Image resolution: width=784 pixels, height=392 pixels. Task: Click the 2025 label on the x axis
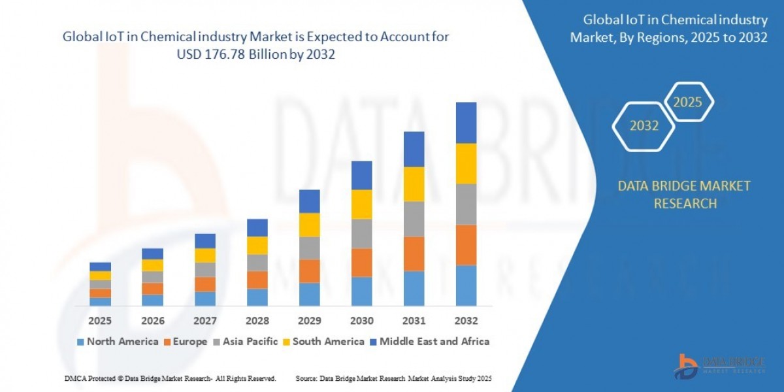click(x=100, y=321)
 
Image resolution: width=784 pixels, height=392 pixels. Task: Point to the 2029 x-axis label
click(x=309, y=321)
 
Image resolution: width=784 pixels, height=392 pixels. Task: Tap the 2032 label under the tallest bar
click(x=466, y=321)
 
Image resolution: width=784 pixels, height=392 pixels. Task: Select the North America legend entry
click(x=117, y=341)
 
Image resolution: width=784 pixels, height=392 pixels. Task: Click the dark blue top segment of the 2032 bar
click(x=466, y=123)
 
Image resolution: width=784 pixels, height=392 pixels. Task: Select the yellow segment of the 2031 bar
click(x=414, y=184)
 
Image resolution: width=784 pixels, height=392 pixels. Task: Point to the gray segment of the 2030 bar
click(x=361, y=233)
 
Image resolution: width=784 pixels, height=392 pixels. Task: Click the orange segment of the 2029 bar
click(x=309, y=270)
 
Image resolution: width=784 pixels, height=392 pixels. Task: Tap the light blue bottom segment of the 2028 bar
click(x=257, y=297)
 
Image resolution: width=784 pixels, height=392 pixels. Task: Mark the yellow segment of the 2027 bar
click(x=204, y=255)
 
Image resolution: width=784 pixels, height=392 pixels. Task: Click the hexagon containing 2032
click(x=644, y=126)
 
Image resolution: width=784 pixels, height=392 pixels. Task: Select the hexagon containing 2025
click(x=687, y=102)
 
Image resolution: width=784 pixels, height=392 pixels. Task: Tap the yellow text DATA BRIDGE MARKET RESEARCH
click(x=684, y=195)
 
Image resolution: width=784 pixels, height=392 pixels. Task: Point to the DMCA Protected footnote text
click(x=171, y=378)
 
